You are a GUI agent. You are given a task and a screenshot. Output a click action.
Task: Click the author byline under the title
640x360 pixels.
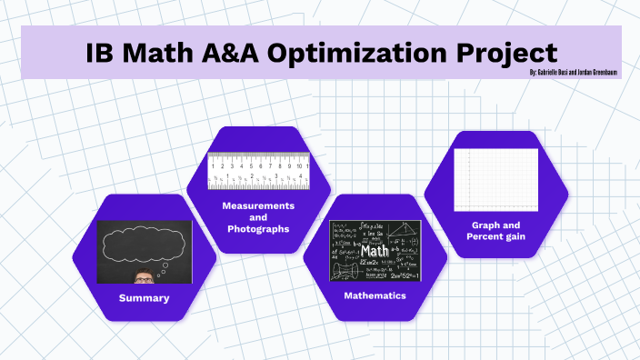tap(574, 72)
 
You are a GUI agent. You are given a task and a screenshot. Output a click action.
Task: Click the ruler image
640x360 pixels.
tap(258, 170)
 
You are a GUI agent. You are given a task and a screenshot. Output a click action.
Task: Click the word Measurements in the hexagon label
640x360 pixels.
tap(258, 205)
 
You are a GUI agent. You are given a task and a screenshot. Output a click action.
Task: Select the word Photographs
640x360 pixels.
tap(258, 229)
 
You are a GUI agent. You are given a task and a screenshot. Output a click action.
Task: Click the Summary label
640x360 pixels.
tap(144, 298)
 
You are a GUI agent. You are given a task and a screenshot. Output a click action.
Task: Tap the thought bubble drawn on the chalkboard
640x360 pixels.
tap(144, 244)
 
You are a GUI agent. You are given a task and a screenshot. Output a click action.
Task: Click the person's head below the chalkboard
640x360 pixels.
tap(144, 276)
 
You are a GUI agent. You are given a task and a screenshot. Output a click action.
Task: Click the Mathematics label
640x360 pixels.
tap(375, 296)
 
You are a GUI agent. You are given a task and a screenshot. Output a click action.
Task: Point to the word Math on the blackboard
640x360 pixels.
tap(375, 249)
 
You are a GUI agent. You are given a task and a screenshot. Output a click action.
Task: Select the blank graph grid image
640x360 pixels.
tap(495, 179)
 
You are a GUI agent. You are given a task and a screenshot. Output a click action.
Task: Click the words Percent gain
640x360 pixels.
tap(495, 236)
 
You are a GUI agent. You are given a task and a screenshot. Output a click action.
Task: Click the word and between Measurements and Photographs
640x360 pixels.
tap(258, 217)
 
